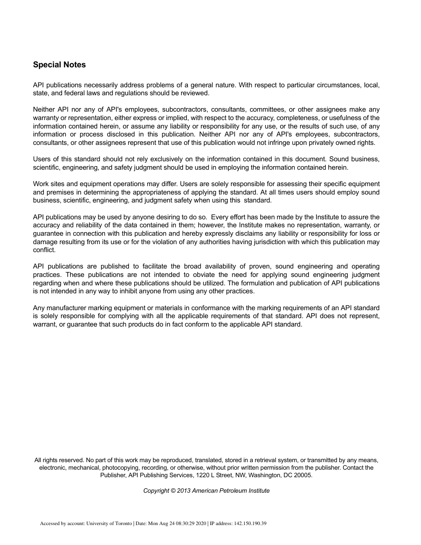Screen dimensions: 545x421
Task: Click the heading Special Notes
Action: tap(59, 65)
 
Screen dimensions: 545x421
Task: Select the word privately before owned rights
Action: tap(324, 143)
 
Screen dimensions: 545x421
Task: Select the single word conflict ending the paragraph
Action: tap(44, 250)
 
